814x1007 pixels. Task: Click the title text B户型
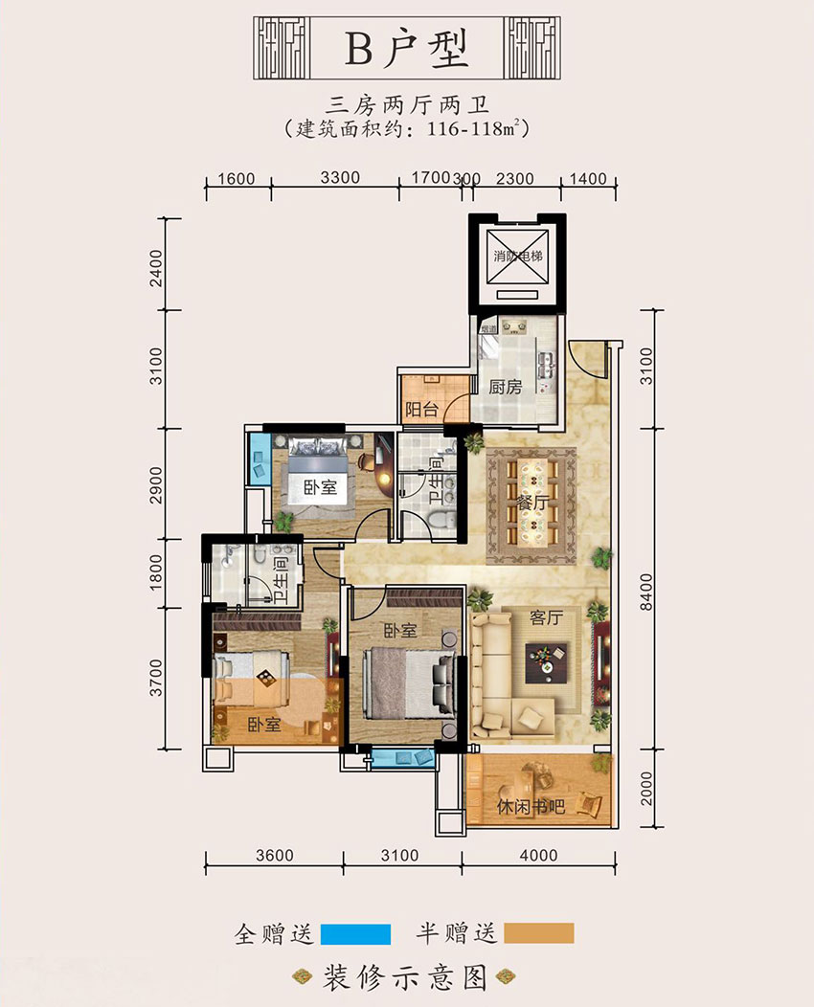point(407,49)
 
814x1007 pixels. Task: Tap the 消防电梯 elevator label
point(517,257)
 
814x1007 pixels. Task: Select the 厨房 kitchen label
point(505,388)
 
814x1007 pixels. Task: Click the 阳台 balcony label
point(421,410)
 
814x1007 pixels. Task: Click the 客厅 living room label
point(544,618)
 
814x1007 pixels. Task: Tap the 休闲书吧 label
point(531,807)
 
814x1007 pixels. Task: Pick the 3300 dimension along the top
point(338,177)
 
